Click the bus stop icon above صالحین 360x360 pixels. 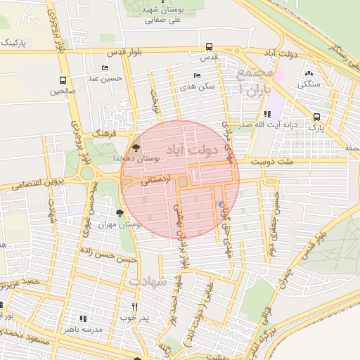tap(63, 80)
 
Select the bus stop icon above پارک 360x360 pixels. tap(317, 117)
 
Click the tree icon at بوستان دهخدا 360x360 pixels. tap(136, 148)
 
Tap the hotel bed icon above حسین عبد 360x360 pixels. tap(105, 68)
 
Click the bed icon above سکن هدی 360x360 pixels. tap(196, 75)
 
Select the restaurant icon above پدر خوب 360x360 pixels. tap(134, 307)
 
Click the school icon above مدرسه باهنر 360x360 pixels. tap(84, 319)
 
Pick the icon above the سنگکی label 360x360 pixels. tap(309, 73)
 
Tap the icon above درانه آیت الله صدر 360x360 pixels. tap(267, 113)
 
